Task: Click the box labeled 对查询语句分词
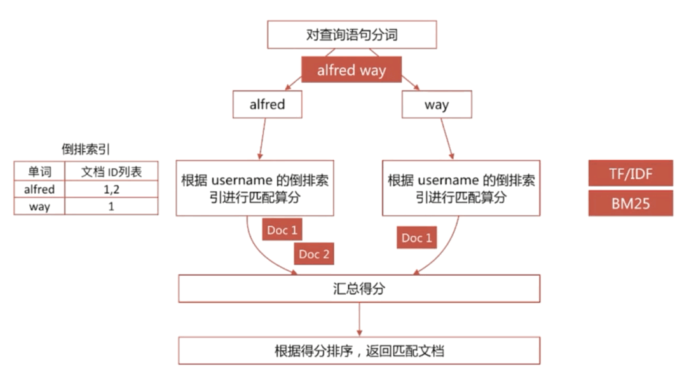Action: (351, 34)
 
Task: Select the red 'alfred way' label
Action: (351, 70)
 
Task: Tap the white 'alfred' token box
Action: (267, 105)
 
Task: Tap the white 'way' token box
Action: (436, 105)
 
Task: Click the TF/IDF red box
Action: (630, 173)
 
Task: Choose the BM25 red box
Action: (630, 203)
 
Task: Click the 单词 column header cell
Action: (39, 172)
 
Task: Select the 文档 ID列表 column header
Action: (111, 172)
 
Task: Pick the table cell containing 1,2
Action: (111, 189)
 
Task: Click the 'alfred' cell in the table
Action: (39, 189)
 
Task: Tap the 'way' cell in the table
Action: (39, 206)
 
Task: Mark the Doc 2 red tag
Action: (314, 255)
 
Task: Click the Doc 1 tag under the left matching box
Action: (282, 230)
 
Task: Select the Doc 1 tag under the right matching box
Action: (416, 238)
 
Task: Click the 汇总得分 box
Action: (359, 288)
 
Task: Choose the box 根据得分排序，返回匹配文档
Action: (359, 351)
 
